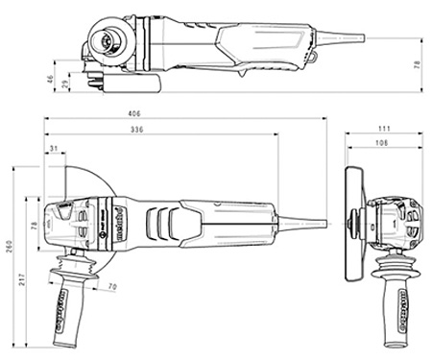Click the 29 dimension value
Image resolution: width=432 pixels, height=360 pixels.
tap(65, 85)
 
